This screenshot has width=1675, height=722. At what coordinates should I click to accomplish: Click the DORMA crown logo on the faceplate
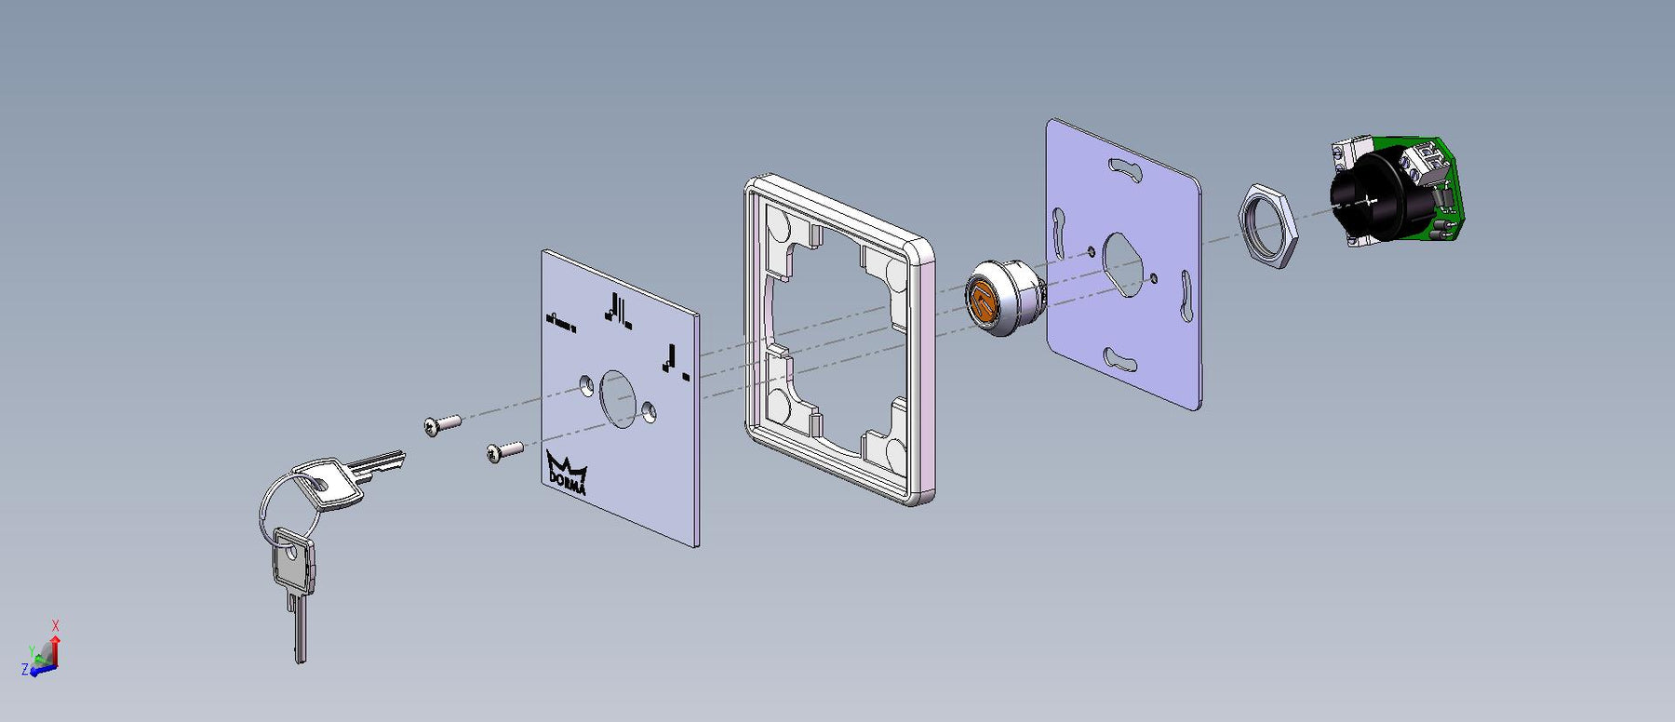click(566, 473)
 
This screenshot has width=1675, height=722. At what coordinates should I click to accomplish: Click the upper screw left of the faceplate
click(442, 424)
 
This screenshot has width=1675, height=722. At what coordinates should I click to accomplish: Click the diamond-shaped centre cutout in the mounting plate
click(1124, 264)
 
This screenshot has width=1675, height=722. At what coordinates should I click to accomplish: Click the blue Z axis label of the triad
click(24, 669)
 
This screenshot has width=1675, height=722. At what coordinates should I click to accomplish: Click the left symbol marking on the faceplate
click(560, 322)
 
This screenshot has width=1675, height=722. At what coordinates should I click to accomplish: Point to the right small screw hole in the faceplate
click(649, 408)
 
